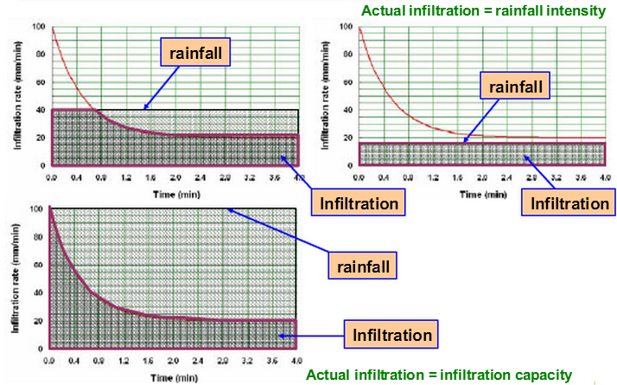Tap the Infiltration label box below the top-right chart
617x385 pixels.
point(570,203)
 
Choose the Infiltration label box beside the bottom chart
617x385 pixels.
point(389,332)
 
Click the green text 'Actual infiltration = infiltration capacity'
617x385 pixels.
point(439,375)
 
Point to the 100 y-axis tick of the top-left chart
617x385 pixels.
point(37,26)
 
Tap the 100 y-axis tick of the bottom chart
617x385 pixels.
point(35,209)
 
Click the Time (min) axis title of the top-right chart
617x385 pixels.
point(482,195)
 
